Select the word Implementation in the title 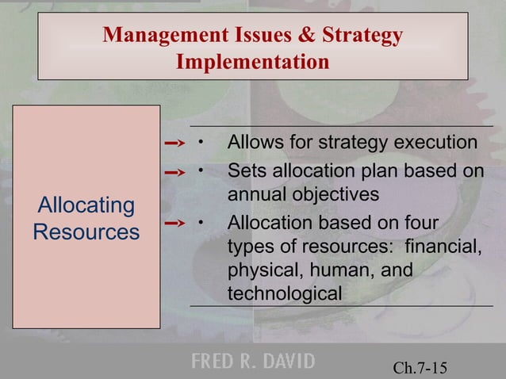click(x=252, y=61)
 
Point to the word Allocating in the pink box click(x=86, y=205)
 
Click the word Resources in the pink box click(x=86, y=232)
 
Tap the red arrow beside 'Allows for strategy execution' click(x=174, y=144)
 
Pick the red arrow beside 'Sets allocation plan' click(x=174, y=170)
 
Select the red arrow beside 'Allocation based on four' click(x=174, y=224)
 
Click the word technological click(x=285, y=294)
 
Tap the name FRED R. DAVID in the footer click(x=252, y=362)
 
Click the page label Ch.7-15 click(x=420, y=367)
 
